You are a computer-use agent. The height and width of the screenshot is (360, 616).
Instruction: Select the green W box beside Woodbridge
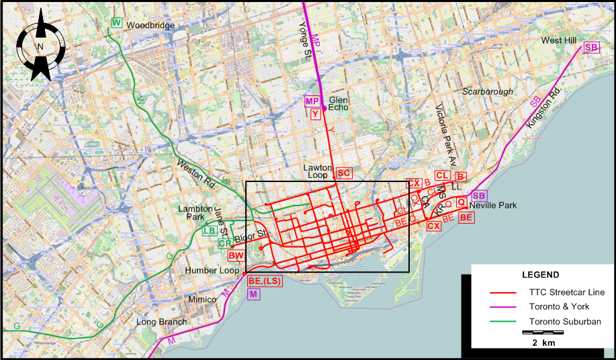(117, 24)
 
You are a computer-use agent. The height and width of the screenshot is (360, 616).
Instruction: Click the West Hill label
(559, 41)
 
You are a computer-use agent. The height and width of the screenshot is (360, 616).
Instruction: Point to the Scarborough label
(487, 91)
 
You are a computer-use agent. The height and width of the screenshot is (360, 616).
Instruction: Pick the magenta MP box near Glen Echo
(312, 101)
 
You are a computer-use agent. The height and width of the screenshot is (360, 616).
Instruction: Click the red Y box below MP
(315, 114)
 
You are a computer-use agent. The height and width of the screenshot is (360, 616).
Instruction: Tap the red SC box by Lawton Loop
(344, 173)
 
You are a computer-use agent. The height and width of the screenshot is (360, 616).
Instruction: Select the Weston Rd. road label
(195, 174)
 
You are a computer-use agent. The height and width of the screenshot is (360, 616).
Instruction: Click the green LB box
(209, 231)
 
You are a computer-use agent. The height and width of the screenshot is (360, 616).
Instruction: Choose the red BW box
(235, 255)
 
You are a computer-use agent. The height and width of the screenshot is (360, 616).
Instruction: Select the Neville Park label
(493, 205)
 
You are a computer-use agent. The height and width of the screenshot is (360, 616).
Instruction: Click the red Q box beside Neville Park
(461, 202)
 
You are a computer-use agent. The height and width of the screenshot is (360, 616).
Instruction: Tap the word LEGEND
(541, 275)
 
